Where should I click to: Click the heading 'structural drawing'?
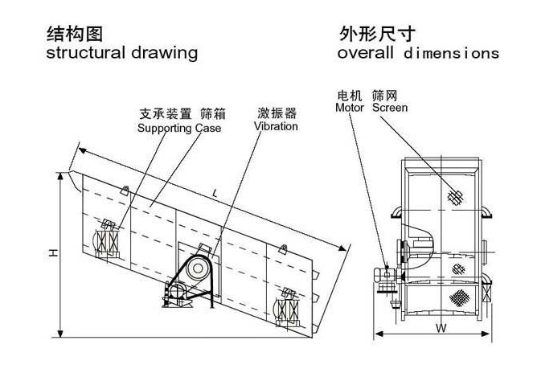tap(121, 53)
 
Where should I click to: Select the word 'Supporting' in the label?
tap(164, 128)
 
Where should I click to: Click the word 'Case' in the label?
tap(207, 128)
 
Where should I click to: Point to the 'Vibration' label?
tap(276, 126)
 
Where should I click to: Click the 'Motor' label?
tap(350, 107)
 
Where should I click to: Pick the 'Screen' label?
tap(390, 107)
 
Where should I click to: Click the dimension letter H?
tap(51, 252)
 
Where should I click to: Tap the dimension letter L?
tap(215, 193)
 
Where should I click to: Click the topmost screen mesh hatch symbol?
tap(457, 196)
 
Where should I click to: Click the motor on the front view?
tap(387, 275)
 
